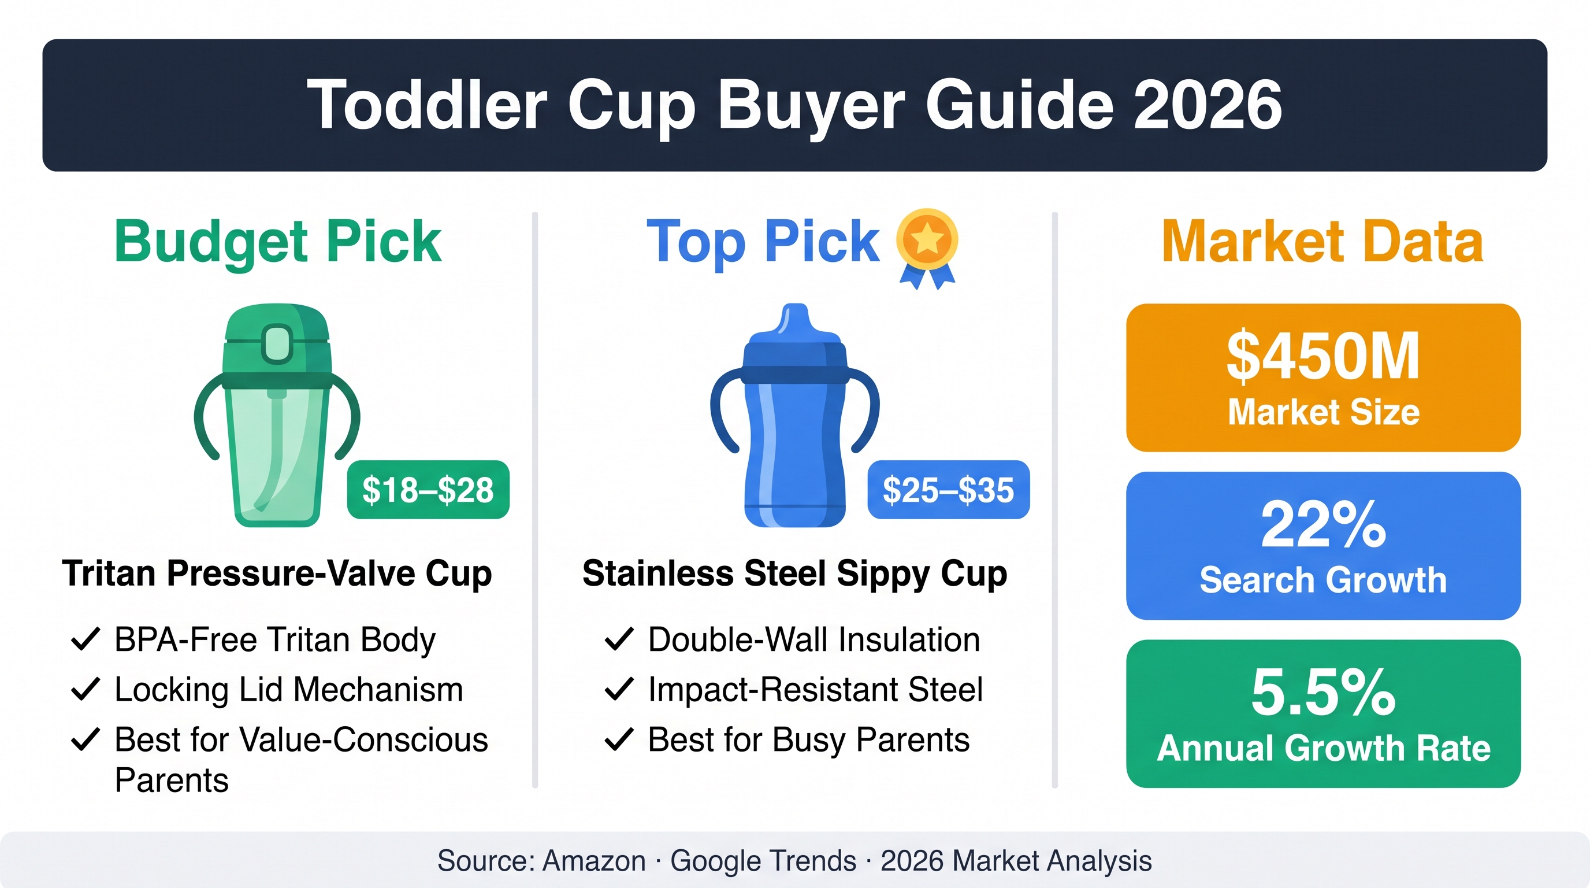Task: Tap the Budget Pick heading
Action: click(x=278, y=242)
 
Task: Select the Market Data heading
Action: click(x=1322, y=242)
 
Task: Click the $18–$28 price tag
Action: click(x=428, y=490)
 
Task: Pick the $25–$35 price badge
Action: click(x=949, y=490)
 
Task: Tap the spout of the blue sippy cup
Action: click(x=795, y=320)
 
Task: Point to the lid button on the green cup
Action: click(x=277, y=343)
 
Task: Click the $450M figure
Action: click(x=1322, y=356)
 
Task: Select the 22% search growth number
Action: click(x=1322, y=524)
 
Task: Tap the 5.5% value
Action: click(x=1322, y=692)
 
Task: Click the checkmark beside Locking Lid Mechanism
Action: click(x=86, y=689)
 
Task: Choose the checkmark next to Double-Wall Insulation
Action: click(x=619, y=639)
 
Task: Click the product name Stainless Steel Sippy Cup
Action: click(x=795, y=573)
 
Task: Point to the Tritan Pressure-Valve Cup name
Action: click(x=277, y=573)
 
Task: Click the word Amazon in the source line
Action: click(x=594, y=861)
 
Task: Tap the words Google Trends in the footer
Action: click(x=764, y=861)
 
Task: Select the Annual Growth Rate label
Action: click(x=1323, y=749)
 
